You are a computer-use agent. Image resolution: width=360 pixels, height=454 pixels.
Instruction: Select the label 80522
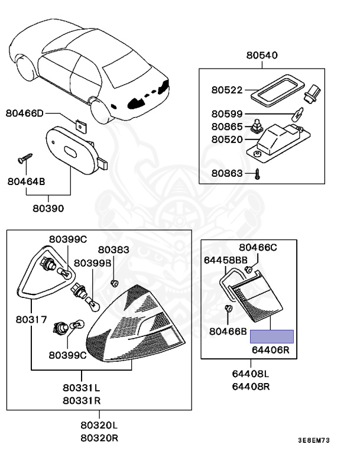click(x=227, y=90)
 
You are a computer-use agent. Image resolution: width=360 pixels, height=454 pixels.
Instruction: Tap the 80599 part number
click(x=227, y=113)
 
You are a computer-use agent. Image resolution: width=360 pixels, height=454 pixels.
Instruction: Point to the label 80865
click(x=227, y=127)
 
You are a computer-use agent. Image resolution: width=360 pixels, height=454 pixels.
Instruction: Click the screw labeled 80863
click(x=258, y=173)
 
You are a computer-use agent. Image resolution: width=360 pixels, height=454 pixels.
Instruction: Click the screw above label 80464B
click(x=25, y=158)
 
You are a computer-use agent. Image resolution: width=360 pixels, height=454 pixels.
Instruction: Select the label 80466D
click(x=25, y=113)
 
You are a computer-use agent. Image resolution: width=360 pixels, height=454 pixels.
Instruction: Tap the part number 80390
click(x=48, y=209)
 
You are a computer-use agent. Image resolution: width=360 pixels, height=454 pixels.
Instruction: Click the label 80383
click(x=113, y=250)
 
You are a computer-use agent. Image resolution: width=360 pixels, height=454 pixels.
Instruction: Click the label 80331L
click(x=82, y=388)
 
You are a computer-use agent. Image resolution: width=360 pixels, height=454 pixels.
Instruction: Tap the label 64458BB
click(x=226, y=259)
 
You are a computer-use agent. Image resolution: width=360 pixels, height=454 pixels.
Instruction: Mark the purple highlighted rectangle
click(x=271, y=337)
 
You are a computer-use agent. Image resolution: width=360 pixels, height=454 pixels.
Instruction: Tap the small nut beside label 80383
click(x=114, y=283)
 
